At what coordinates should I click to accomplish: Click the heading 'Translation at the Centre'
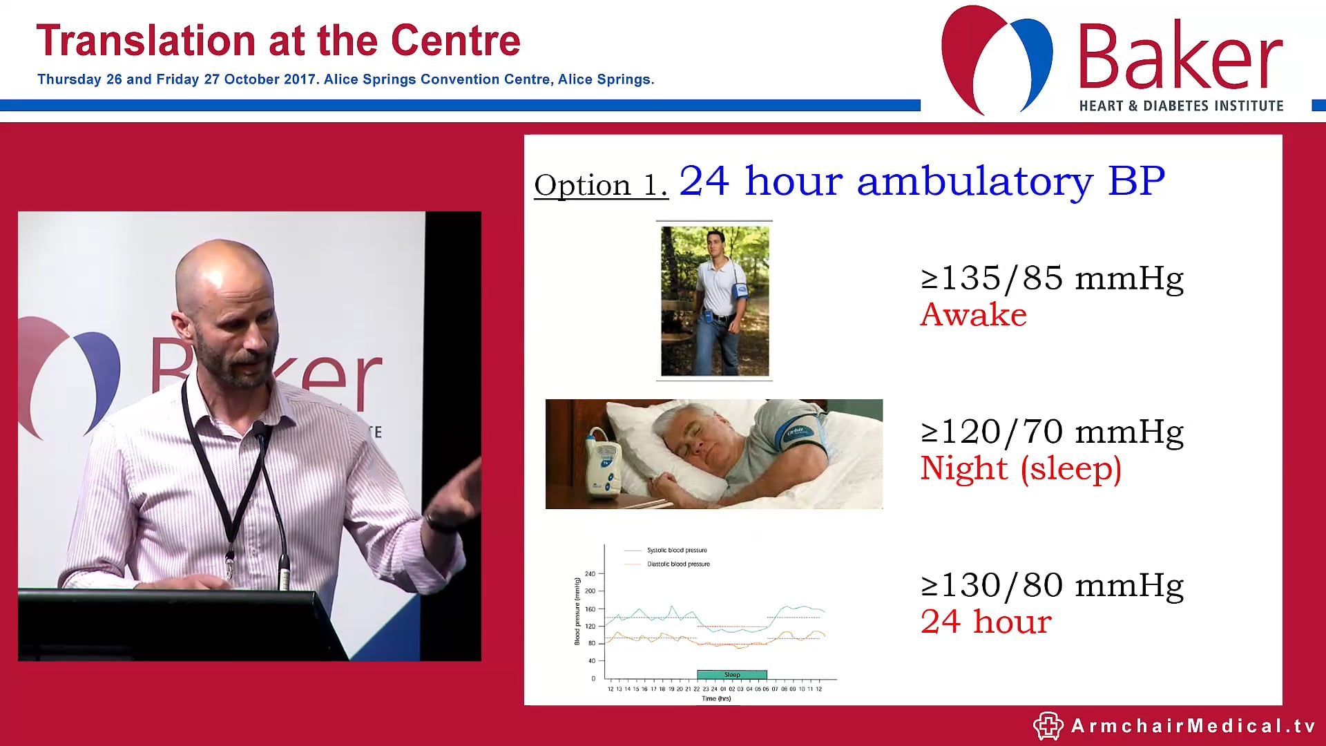(278, 41)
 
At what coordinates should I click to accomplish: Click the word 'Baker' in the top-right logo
(1180, 57)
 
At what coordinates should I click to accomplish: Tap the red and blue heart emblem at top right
(997, 59)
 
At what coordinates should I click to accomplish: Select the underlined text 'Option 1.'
(601, 185)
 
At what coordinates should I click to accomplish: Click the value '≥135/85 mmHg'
(1052, 278)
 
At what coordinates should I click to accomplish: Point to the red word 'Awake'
(973, 315)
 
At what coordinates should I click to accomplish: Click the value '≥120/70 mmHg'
(1052, 432)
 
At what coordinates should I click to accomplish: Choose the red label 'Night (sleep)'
(1020, 468)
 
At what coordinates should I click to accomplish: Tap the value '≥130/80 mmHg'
(1052, 585)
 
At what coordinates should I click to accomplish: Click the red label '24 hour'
(986, 622)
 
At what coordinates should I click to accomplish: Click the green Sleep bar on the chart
(732, 675)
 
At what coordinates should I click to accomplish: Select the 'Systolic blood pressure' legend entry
(676, 551)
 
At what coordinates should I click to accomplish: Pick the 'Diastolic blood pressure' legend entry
(678, 564)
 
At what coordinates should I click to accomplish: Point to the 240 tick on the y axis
(590, 574)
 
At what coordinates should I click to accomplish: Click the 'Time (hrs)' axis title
(716, 699)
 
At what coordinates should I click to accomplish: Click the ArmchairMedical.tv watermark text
(1193, 726)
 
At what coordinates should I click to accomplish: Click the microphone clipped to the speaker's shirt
(260, 432)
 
